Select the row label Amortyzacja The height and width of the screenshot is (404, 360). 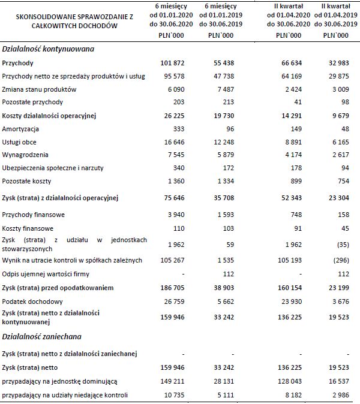tap(20, 128)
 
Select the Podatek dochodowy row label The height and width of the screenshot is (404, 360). tap(30, 301)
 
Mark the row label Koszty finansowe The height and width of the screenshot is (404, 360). tap(28, 228)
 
